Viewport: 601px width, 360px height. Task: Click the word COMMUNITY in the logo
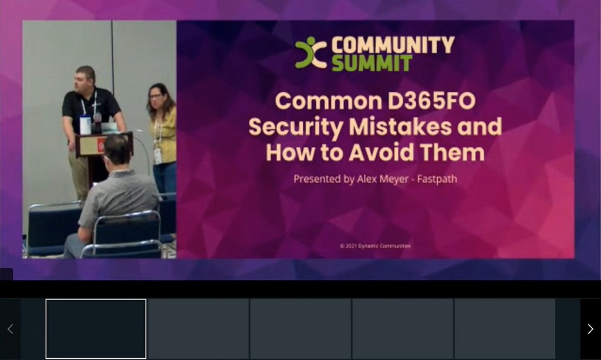click(393, 45)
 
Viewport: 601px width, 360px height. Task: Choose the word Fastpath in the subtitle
click(437, 179)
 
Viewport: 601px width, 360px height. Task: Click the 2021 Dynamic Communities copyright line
click(375, 246)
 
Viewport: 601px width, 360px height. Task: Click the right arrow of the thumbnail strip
click(590, 329)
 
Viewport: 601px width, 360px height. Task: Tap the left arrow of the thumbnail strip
click(10, 329)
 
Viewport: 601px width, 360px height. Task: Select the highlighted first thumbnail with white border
click(96, 329)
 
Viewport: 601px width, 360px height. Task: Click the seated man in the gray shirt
click(117, 194)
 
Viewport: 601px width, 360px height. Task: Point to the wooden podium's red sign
click(101, 144)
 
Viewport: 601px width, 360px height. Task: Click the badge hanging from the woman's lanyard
click(157, 154)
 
